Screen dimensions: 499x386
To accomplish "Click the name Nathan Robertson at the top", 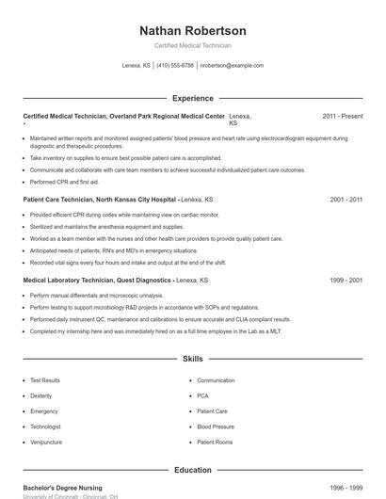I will pos(192,31).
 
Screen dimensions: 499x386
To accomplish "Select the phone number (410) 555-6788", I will pos(175,66).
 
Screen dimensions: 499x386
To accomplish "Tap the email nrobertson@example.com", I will pos(232,66).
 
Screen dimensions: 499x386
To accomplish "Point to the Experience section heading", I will pos(192,98).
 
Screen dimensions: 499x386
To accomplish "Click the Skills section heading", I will pos(192,359).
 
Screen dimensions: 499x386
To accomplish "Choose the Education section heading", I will pos(192,469).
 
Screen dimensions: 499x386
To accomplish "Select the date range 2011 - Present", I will pos(342,116).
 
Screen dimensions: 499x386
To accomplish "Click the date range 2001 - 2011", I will pos(346,200).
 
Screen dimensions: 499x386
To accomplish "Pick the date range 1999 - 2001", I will pos(346,280).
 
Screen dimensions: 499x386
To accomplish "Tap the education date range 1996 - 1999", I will pos(346,488).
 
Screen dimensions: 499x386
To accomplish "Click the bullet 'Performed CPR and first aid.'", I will pos(64,182).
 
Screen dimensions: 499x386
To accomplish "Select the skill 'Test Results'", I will pos(45,380).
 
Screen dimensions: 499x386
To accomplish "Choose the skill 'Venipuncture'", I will pos(46,442).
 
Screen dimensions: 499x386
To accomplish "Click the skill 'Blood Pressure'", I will pos(216,427).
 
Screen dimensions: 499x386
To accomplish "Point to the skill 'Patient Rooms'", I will pos(215,442).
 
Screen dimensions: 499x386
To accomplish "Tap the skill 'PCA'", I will pos(203,395).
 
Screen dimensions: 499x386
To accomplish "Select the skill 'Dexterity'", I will pos(41,395).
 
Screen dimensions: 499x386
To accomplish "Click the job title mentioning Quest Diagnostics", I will pos(98,280).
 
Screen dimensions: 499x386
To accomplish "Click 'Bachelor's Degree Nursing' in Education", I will pos(63,488).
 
